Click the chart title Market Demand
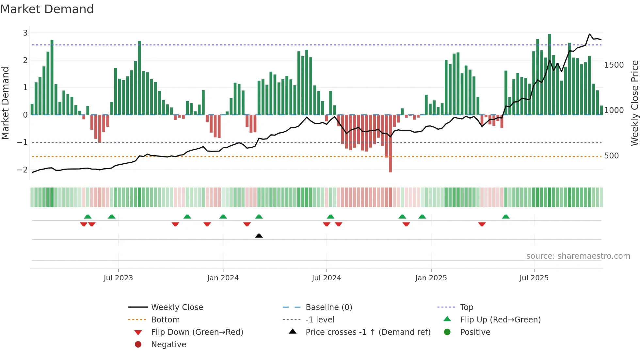[47, 9]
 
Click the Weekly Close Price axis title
[634, 103]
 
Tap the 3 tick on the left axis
[25, 33]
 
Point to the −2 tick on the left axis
[23, 170]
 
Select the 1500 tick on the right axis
[614, 65]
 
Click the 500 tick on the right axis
[611, 156]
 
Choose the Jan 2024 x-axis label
[223, 278]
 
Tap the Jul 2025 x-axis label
[534, 278]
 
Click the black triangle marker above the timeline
[259, 236]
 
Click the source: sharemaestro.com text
[578, 256]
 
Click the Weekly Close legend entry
[177, 307]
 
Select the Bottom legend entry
[165, 320]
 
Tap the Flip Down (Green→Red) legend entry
[197, 332]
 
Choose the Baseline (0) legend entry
[328, 307]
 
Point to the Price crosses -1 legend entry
[368, 332]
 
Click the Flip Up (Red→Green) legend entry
[500, 320]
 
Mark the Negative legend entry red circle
[138, 345]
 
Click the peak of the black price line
[589, 34]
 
